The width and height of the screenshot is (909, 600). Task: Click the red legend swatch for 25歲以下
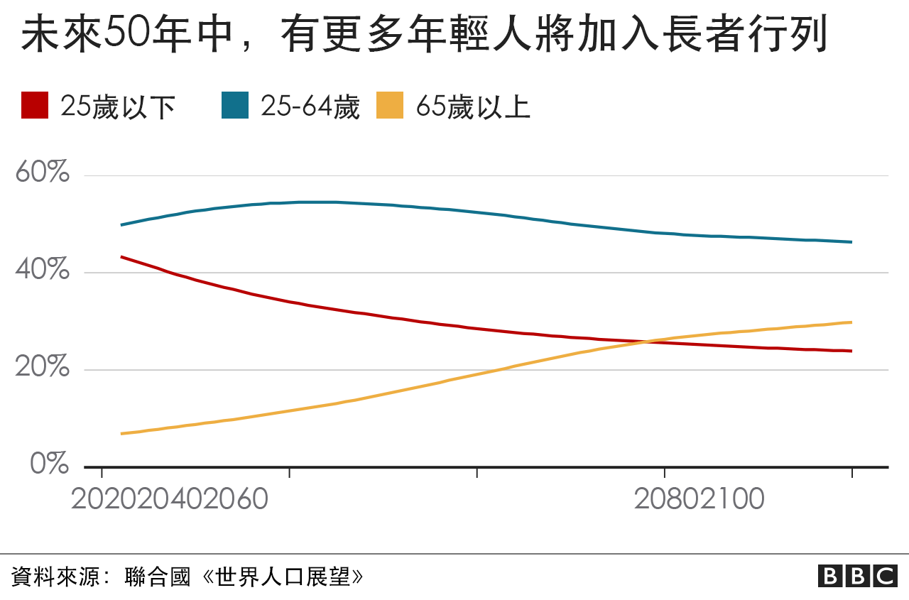[35, 106]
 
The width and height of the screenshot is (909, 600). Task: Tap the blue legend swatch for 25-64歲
[235, 106]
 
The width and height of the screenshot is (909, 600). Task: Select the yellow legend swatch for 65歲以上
[390, 106]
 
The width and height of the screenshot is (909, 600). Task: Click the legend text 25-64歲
[310, 107]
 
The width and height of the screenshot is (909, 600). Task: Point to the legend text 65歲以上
[473, 107]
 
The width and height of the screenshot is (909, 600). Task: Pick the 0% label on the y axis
[50, 464]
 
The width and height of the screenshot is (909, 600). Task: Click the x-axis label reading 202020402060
[170, 499]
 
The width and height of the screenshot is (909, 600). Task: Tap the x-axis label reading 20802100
[699, 499]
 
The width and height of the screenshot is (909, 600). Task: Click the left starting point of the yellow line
[121, 433]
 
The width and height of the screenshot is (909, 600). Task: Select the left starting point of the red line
[121, 256]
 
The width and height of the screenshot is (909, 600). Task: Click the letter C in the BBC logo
[885, 576]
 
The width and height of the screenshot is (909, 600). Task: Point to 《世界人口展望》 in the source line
[283, 576]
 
